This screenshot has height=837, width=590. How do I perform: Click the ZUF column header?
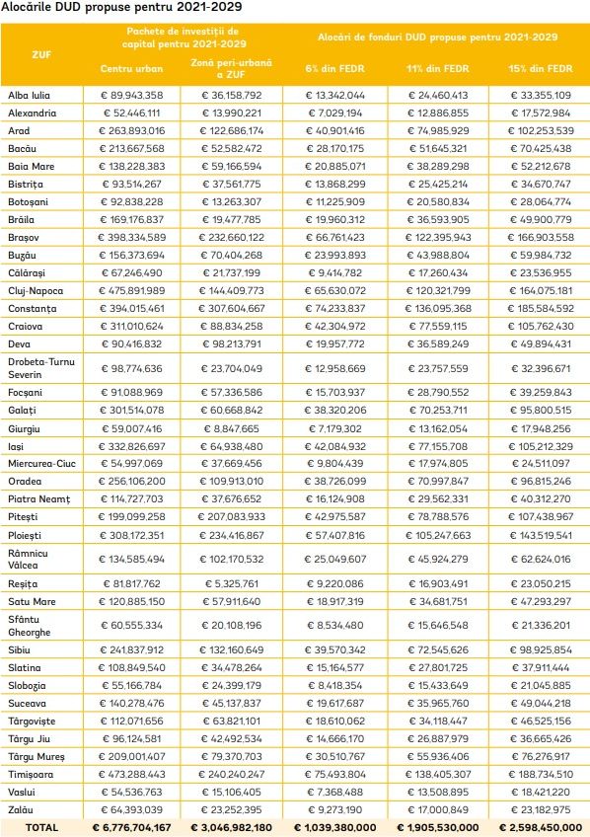pyautogui.click(x=41, y=54)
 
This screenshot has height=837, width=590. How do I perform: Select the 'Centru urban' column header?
pyautogui.click(x=131, y=69)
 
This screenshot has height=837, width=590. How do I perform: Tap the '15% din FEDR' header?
pyautogui.click(x=540, y=69)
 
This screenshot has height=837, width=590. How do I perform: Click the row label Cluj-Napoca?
pyautogui.click(x=36, y=291)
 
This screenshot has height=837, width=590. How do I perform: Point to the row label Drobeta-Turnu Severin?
pyautogui.click(x=41, y=368)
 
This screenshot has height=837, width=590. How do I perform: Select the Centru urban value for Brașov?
pyautogui.click(x=132, y=238)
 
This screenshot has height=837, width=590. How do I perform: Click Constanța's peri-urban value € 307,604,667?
pyautogui.click(x=232, y=309)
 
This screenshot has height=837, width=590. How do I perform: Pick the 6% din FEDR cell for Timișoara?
pyautogui.click(x=335, y=775)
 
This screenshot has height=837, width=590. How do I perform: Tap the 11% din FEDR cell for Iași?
pyautogui.click(x=438, y=447)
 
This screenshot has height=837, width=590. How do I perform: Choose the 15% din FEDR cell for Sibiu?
pyautogui.click(x=540, y=650)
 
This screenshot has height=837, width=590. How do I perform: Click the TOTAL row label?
pyautogui.click(x=41, y=828)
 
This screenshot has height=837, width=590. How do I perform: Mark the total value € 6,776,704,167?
pyautogui.click(x=132, y=828)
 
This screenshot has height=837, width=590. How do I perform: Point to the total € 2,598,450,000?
pyautogui.click(x=540, y=828)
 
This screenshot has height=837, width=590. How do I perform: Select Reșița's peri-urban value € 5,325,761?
pyautogui.click(x=232, y=584)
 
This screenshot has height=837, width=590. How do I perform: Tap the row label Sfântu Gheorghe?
pyautogui.click(x=30, y=626)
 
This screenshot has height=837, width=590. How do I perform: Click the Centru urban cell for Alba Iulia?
pyautogui.click(x=132, y=96)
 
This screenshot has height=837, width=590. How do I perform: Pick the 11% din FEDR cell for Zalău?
pyautogui.click(x=438, y=810)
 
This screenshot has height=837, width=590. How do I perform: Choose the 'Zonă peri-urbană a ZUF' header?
pyautogui.click(x=232, y=69)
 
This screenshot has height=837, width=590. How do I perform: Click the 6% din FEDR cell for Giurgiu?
pyautogui.click(x=335, y=429)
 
